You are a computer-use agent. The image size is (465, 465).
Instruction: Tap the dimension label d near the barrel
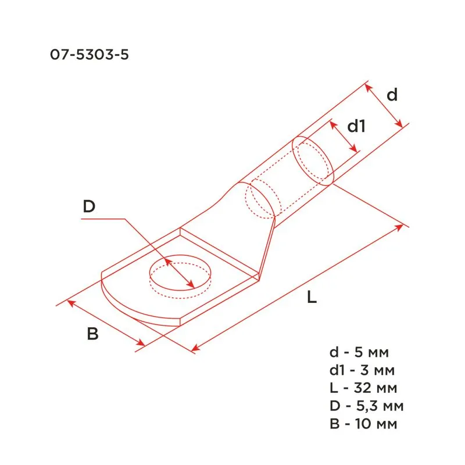392,95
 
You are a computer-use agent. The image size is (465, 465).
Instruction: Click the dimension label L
312,298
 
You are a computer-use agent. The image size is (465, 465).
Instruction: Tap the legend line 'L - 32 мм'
363,388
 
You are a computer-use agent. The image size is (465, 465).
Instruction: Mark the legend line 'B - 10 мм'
363,424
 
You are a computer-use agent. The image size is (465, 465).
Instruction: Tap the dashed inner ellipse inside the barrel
260,201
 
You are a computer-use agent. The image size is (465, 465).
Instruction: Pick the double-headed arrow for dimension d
384,105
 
